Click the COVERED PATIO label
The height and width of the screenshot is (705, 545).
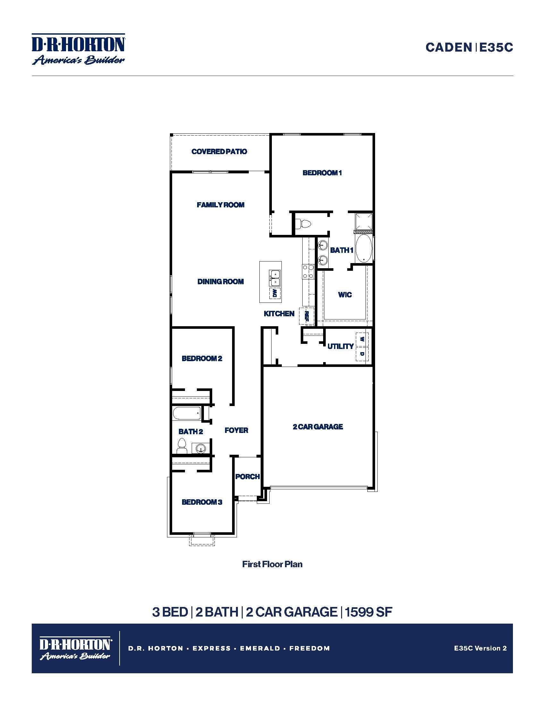coord(219,151)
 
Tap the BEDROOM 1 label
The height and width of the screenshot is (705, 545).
coord(322,173)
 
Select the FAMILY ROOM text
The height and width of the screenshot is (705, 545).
coord(221,205)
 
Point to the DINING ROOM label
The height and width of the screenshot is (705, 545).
coord(221,281)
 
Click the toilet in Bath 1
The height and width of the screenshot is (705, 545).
coord(303,223)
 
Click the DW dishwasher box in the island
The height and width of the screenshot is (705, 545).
coord(275,293)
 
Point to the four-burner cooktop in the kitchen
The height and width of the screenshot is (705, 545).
coord(308,271)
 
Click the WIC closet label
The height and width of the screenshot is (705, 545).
coord(345,295)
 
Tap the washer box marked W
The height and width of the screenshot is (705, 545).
coord(362,339)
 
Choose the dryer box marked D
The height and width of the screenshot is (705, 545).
coord(362,354)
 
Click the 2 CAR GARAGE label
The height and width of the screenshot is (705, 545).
coord(318,427)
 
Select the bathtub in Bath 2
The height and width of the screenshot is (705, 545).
coord(187,413)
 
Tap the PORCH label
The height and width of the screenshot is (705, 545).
coord(247,477)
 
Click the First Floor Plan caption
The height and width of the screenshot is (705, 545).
coord(272,564)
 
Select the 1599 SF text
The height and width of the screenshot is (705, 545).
coord(368,612)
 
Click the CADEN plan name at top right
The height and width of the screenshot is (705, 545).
coord(449,47)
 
